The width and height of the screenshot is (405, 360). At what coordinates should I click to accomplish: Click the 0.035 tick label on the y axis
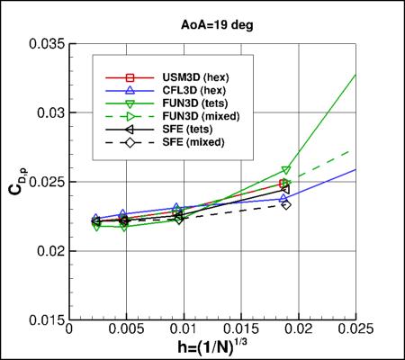pos(47,43)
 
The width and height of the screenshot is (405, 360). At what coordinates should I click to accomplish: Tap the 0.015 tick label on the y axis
pos(47,319)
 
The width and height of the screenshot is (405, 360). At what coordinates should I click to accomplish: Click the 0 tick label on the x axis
pos(69,332)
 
